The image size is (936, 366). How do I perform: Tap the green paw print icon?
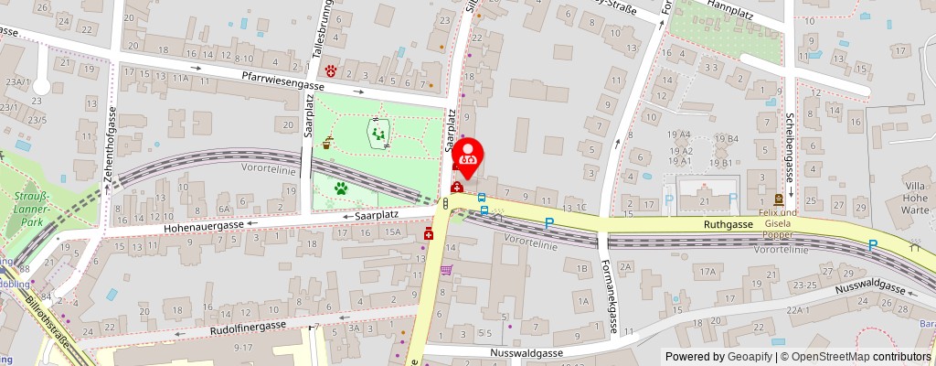(341, 189)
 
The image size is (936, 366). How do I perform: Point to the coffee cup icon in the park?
(327, 143)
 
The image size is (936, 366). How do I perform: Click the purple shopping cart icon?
(446, 270)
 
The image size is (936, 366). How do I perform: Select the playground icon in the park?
(378, 135)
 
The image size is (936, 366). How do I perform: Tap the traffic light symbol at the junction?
(444, 204)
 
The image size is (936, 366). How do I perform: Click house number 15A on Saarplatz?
(392, 232)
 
